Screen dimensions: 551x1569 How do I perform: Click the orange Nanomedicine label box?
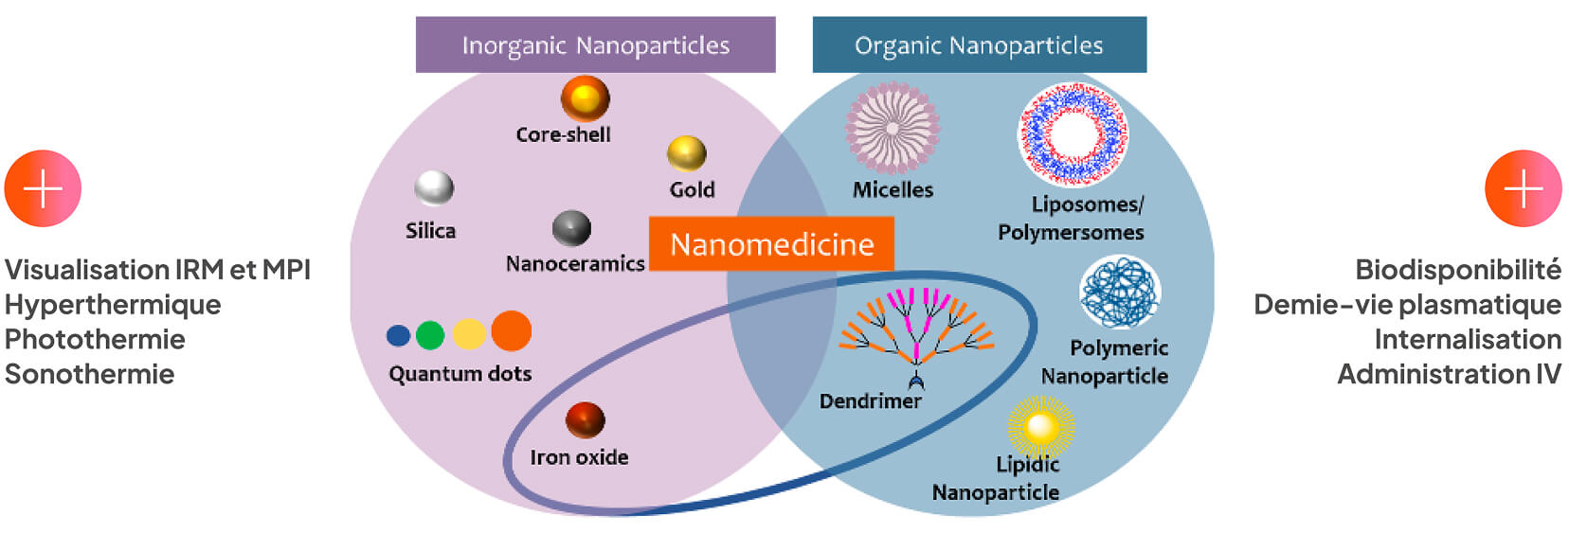771,244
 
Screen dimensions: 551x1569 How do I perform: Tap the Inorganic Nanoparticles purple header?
595,44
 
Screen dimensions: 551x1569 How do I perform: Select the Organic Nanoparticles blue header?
979,44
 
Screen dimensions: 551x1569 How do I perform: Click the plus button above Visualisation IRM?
43,188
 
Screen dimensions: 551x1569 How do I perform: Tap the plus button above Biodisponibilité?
1523,188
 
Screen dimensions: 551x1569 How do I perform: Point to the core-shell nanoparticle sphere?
585,98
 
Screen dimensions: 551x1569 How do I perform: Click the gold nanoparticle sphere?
686,153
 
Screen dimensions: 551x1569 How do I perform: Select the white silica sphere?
434,187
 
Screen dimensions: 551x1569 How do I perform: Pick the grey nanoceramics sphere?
571,228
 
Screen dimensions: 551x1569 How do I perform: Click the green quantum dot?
430,334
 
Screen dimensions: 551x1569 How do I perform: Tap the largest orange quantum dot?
512,330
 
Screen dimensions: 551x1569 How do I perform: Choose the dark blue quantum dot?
399,335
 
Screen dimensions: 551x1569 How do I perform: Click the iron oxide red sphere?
585,419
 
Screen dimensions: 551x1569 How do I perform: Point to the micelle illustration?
892,128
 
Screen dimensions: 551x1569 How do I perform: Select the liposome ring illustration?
1073,133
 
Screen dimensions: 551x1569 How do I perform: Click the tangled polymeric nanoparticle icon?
1120,293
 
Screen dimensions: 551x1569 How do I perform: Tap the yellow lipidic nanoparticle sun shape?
1040,427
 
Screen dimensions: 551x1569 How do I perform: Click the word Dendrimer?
870,401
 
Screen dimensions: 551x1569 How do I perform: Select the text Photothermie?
95,339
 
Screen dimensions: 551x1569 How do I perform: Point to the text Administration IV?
1449,374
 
